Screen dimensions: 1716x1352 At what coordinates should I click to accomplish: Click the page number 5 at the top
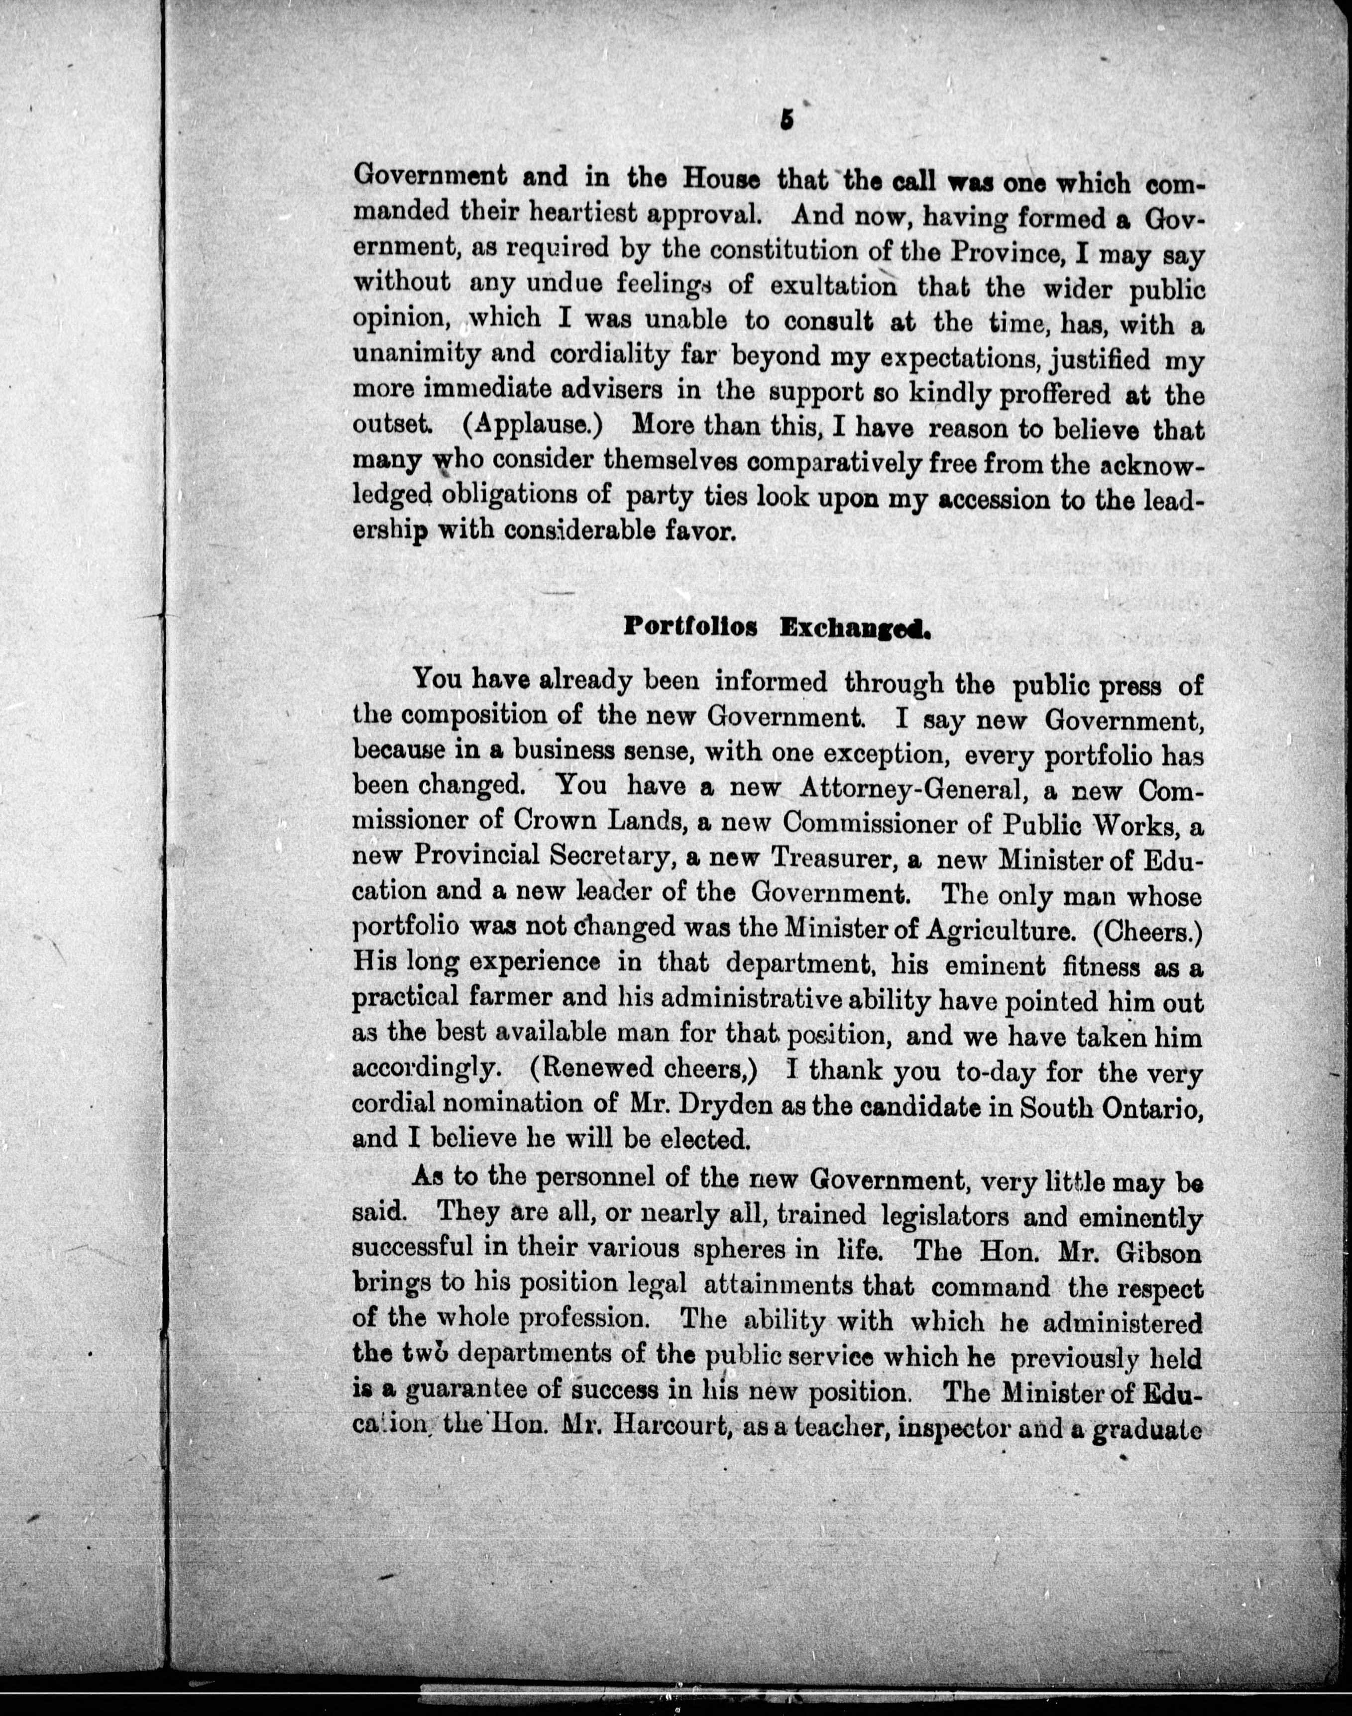[786, 120]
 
